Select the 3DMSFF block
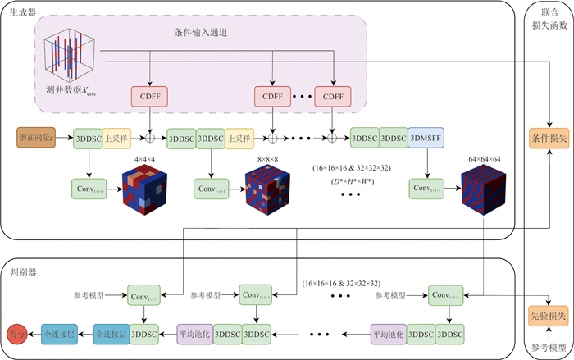(x=426, y=138)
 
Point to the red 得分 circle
(x=15, y=335)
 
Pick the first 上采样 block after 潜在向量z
(x=116, y=138)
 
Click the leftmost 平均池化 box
(x=195, y=335)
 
